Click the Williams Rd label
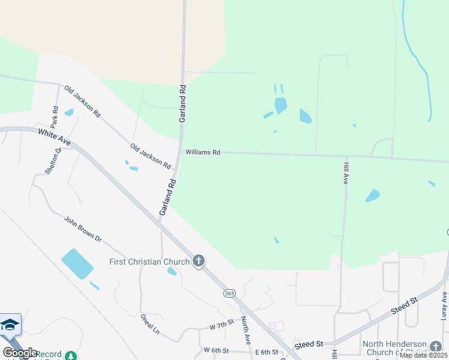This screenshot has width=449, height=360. point(202,152)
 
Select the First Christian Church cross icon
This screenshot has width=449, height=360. point(199,261)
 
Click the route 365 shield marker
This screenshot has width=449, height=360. point(229,293)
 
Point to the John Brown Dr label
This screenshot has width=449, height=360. point(83,229)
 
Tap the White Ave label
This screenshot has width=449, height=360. point(54,137)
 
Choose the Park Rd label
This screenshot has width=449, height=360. point(55,117)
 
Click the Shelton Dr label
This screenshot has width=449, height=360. point(53,161)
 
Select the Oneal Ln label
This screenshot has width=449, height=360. point(149,324)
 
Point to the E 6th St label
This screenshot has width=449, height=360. point(267,352)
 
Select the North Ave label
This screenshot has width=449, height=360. point(246,330)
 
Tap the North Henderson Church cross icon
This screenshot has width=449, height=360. point(436,347)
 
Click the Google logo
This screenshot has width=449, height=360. point(19,353)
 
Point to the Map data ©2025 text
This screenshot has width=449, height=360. point(423,355)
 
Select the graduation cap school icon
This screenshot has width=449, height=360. point(10,325)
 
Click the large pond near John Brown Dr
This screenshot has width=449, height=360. point(77,264)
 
